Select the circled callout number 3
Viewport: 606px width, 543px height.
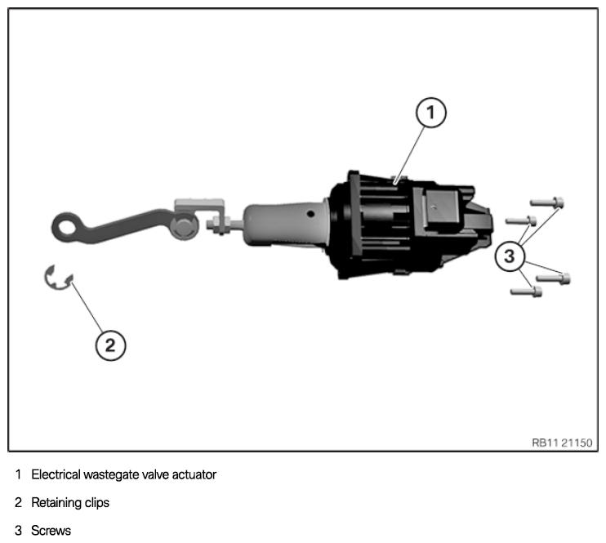pyautogui.click(x=510, y=256)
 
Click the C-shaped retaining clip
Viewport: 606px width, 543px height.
pyautogui.click(x=58, y=278)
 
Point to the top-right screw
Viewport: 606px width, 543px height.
pyautogui.click(x=548, y=201)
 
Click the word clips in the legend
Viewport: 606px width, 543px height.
pyautogui.click(x=96, y=503)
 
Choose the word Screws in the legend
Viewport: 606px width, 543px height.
pyautogui.click(x=51, y=531)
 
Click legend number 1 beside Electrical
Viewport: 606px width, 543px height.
pyautogui.click(x=18, y=474)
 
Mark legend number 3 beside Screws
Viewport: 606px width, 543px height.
pyautogui.click(x=18, y=531)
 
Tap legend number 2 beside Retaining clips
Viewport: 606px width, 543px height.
pyautogui.click(x=18, y=503)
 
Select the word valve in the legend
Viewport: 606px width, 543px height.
pyautogui.click(x=153, y=474)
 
